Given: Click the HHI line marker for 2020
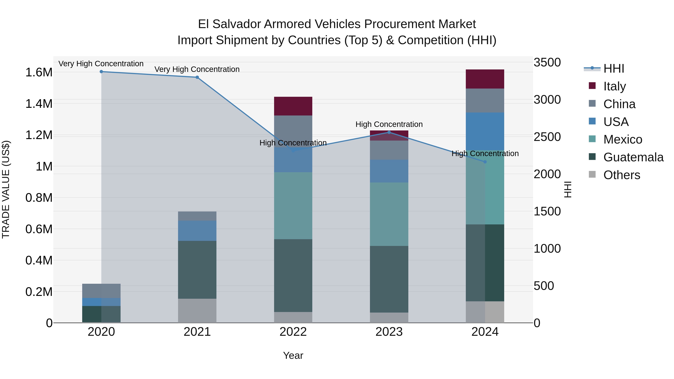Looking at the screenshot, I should pyautogui.click(x=101, y=72).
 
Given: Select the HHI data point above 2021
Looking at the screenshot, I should pyautogui.click(x=197, y=77).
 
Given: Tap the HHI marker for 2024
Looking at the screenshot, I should pyautogui.click(x=485, y=162).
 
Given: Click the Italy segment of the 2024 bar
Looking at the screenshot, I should pyautogui.click(x=485, y=79).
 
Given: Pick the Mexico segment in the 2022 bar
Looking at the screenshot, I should pyautogui.click(x=293, y=206).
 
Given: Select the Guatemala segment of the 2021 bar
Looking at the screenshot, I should pyautogui.click(x=197, y=270).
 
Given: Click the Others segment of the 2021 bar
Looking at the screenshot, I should pyautogui.click(x=197, y=310).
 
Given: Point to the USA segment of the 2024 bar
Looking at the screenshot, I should pyautogui.click(x=485, y=131).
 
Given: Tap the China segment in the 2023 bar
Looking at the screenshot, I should pyautogui.click(x=389, y=150).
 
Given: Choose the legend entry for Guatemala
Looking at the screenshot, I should pyautogui.click(x=633, y=157).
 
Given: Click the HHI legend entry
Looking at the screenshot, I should pyautogui.click(x=614, y=69).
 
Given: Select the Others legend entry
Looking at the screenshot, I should pyautogui.click(x=621, y=175).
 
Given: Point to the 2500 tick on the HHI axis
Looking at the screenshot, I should pyautogui.click(x=547, y=137).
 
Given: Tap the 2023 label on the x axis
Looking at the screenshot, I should pyautogui.click(x=389, y=332).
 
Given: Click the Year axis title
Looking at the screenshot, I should pyautogui.click(x=293, y=355).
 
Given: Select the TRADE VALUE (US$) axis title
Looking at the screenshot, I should pyautogui.click(x=6, y=189).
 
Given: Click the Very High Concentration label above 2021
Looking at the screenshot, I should pyautogui.click(x=197, y=69).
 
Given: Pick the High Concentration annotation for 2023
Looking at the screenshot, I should pyautogui.click(x=389, y=124).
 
